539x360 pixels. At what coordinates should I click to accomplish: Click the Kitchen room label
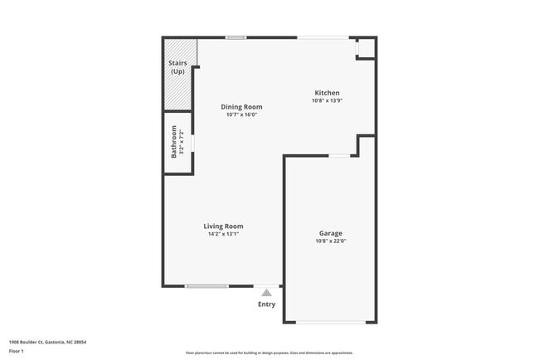(x=327, y=93)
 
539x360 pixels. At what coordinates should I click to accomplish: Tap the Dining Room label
(x=241, y=107)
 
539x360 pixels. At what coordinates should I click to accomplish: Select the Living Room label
(x=224, y=226)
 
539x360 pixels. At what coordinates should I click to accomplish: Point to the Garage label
(x=331, y=233)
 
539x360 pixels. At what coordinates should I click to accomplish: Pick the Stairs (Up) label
(x=177, y=67)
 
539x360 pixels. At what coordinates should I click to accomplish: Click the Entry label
(x=266, y=304)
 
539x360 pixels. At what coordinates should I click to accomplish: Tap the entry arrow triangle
(x=266, y=292)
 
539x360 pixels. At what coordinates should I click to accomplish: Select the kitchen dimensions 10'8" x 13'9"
(x=327, y=101)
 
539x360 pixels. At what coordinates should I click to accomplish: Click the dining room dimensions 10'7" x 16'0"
(x=241, y=115)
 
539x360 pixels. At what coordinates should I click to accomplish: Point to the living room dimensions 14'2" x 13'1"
(x=224, y=234)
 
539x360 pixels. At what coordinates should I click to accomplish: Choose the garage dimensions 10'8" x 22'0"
(x=331, y=241)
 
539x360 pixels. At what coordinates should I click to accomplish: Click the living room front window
(x=206, y=286)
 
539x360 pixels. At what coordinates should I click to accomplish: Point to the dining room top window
(x=236, y=37)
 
